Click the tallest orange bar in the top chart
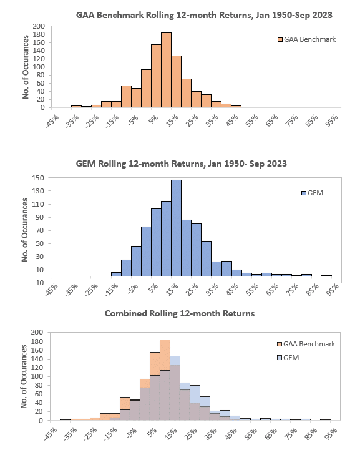tap(166, 70)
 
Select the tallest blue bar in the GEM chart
tap(176, 228)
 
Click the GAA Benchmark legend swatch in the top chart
tap(280, 39)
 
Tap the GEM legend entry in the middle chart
tap(313, 193)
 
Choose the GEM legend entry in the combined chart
tap(288, 358)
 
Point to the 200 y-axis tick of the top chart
tap(39, 26)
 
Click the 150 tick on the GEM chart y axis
tap(38, 178)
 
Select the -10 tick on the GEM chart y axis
tap(38, 283)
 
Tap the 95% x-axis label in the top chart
tap(332, 120)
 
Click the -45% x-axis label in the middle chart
tap(52, 290)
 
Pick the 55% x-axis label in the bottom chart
tap(251, 434)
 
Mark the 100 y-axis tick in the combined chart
tap(37, 376)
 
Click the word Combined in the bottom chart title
tap(126, 313)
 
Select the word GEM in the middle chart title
tap(85, 164)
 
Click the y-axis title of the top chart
tap(26, 67)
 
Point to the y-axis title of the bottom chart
tap(24, 376)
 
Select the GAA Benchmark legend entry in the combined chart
tap(306, 344)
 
